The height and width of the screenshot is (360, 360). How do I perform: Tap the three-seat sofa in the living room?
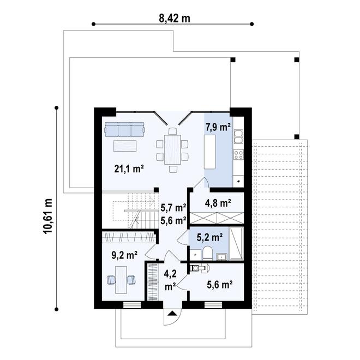pos(125,129)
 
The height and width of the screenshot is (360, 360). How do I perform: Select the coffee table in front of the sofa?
pos(125,145)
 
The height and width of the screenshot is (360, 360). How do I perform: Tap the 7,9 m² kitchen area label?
pos(217,128)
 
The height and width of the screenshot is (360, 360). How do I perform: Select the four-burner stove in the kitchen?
pos(238,154)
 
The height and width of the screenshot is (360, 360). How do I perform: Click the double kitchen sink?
pos(238,140)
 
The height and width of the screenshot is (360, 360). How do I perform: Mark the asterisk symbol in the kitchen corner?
pos(239,180)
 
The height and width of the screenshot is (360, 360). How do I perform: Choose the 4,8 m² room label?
pos(218,203)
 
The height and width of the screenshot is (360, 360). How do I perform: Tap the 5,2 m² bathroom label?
pos(209,237)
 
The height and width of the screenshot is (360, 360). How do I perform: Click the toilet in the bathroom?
pos(207,252)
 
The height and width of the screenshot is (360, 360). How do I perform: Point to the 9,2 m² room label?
pos(124,254)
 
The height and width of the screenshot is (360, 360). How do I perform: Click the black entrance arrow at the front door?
pos(172,314)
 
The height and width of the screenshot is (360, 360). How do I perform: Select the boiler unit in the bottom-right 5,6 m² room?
pos(199,268)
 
